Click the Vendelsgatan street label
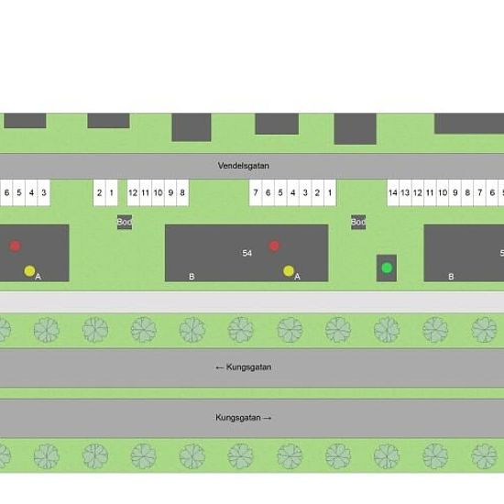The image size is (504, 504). (244, 166)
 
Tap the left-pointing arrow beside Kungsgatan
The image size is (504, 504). (220, 367)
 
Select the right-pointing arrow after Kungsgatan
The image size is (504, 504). (268, 418)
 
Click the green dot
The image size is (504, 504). (387, 268)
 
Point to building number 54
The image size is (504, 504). (247, 253)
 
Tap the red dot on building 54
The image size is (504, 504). (274, 246)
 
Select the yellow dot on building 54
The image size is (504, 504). (289, 271)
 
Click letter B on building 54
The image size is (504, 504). (192, 277)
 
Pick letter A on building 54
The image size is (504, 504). (297, 277)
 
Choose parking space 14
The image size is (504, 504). (393, 192)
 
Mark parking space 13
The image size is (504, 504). (405, 192)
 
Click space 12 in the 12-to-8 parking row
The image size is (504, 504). (133, 192)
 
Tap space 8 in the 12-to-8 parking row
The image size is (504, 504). (182, 192)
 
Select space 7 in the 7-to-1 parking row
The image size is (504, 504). (256, 192)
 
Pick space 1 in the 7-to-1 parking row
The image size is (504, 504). (330, 192)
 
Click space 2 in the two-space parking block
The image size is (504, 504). (99, 192)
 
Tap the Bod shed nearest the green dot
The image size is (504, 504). (358, 222)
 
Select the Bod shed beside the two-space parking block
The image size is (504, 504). (125, 222)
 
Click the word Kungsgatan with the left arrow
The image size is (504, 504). (248, 367)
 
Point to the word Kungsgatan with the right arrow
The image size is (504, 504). (238, 418)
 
